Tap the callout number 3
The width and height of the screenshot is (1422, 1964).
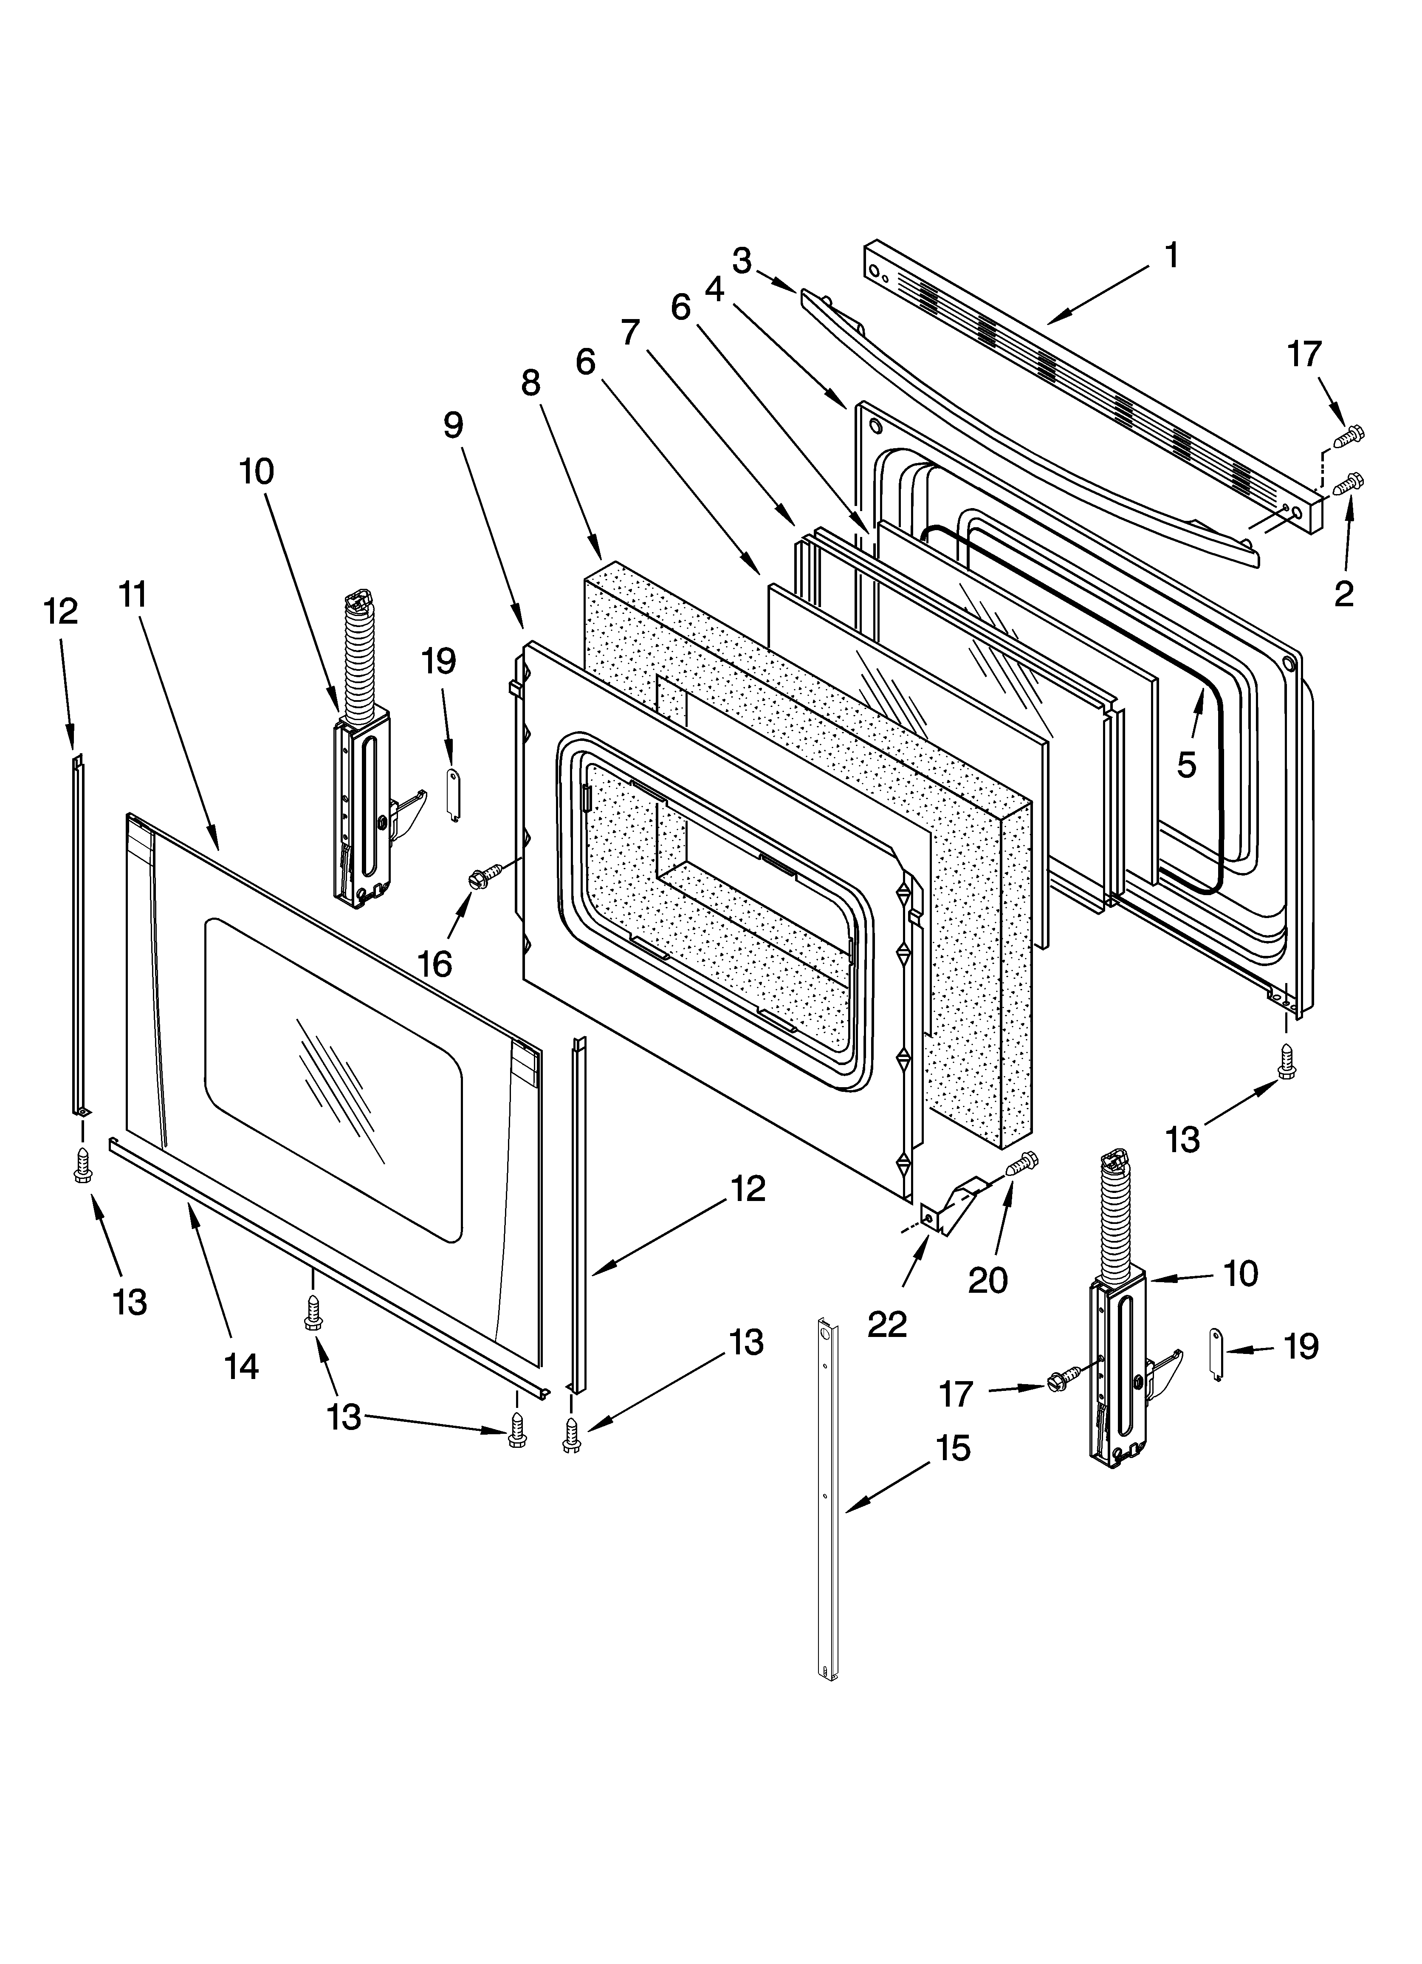[741, 261]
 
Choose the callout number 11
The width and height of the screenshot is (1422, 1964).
[133, 595]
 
